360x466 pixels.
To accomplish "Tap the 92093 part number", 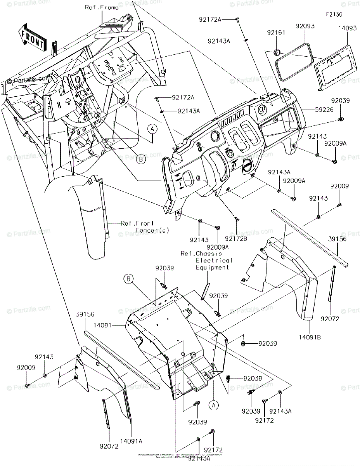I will pos(305,26).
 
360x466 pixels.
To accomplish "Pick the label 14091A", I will pos(131,441).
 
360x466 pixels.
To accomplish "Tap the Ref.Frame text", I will pos(102,8).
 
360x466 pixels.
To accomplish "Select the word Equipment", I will pos(212,268).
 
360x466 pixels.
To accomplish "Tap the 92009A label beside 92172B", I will pos(218,247).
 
